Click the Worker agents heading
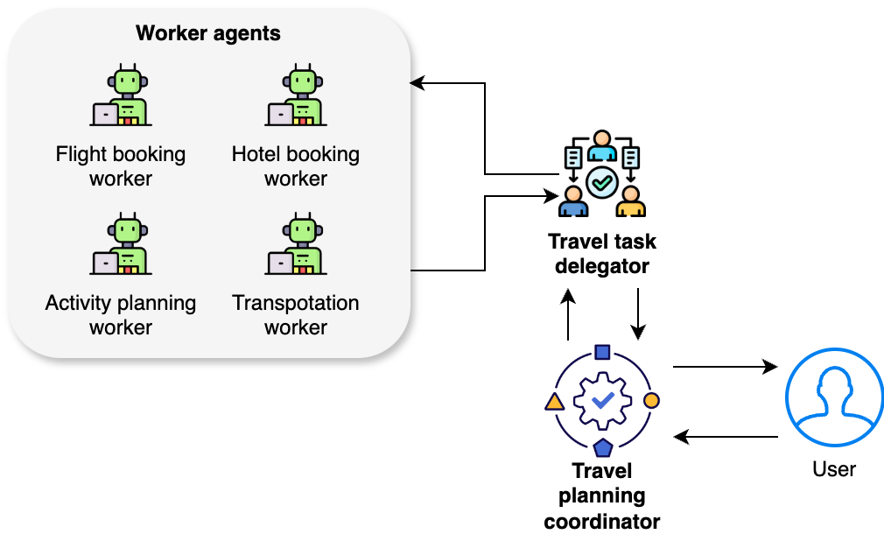[208, 34]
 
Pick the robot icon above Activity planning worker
[121, 246]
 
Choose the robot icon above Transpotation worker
[296, 246]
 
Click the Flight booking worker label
[121, 166]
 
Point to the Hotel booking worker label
[296, 166]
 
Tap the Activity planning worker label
[121, 315]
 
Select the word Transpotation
[296, 303]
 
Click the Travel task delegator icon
[601, 175]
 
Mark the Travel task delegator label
[602, 254]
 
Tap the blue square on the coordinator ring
[602, 352]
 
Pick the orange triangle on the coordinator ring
[553, 402]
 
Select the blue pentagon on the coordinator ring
[602, 448]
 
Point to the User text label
[833, 469]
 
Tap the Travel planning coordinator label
[602, 496]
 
